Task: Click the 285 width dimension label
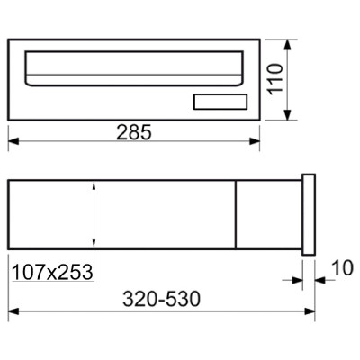coord(134,132)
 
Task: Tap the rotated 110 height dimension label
coord(275,79)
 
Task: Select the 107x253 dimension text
coord(52,272)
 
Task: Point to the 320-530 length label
coord(161,299)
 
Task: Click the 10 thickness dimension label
coord(343,268)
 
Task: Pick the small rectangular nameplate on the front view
coord(220,102)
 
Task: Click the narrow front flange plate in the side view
coord(309,214)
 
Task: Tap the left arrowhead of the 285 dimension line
coord(13,141)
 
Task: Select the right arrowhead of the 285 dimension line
coord(255,141)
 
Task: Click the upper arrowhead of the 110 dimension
coord(288,45)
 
